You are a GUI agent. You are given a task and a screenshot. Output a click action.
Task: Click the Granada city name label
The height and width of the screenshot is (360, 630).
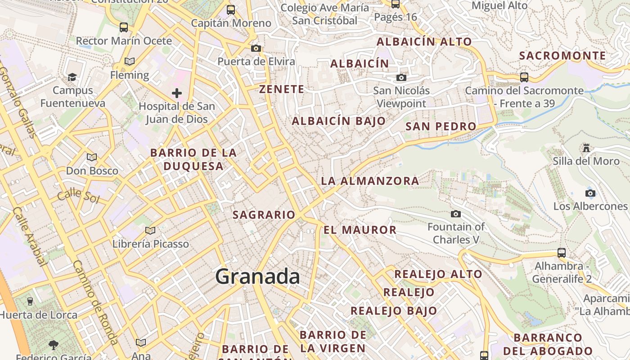click(257, 276)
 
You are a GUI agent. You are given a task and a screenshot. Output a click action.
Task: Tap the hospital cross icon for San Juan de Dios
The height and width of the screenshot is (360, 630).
click(177, 93)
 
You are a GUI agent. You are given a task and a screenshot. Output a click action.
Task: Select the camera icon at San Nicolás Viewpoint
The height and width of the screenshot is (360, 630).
click(401, 78)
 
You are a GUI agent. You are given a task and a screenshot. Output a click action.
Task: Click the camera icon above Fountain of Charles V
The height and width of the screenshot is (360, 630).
click(456, 214)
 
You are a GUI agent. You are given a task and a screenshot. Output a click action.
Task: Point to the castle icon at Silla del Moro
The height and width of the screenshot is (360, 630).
click(586, 148)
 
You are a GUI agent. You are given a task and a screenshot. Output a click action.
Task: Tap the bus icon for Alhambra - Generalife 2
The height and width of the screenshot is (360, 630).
click(562, 252)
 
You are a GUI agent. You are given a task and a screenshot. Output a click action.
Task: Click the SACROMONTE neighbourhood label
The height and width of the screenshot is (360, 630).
click(562, 56)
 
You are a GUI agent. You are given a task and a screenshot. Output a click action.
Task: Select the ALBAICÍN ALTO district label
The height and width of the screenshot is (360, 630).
click(424, 42)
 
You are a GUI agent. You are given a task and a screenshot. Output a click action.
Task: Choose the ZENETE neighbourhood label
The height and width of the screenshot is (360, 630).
click(282, 89)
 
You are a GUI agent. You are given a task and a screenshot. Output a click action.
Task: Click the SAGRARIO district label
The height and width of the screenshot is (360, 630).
click(264, 215)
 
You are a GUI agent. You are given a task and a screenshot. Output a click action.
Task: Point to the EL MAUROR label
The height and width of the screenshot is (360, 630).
click(360, 230)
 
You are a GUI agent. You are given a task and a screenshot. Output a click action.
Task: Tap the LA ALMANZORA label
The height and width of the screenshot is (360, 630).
click(370, 181)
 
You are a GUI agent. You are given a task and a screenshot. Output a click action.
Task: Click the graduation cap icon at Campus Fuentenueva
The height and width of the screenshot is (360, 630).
click(72, 77)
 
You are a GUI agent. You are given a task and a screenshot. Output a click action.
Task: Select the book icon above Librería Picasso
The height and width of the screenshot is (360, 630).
click(150, 230)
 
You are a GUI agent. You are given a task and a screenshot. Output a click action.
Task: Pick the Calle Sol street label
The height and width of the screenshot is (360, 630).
click(77, 195)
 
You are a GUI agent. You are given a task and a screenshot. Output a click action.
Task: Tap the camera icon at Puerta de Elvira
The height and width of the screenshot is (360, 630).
click(256, 48)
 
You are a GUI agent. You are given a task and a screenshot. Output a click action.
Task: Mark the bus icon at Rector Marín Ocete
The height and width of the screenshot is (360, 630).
click(124, 27)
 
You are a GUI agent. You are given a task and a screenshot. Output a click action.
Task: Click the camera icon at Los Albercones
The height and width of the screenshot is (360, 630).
click(590, 193)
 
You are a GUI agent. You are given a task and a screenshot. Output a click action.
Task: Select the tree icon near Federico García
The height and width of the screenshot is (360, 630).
click(54, 345)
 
